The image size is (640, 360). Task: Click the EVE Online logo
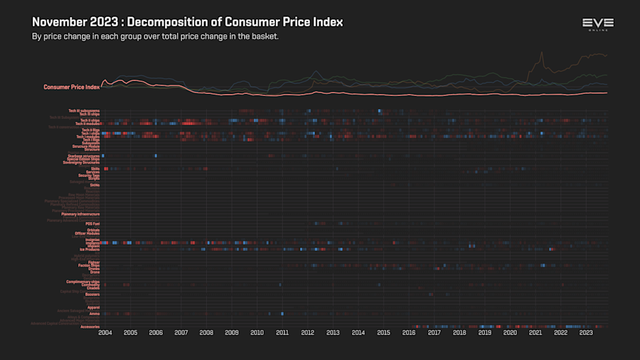click(597, 24)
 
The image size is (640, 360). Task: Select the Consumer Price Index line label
click(71, 87)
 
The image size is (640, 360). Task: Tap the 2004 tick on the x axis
click(105, 332)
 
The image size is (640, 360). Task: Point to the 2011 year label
click(282, 332)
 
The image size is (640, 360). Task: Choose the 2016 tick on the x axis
click(409, 332)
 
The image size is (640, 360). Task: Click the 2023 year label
click(586, 332)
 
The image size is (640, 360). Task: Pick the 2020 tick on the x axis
click(510, 332)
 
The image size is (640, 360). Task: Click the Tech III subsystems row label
click(84, 110)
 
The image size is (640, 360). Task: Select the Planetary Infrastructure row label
click(80, 214)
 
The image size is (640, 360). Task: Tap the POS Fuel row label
click(92, 223)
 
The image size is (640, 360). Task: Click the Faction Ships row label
click(88, 265)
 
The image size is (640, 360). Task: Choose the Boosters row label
click(92, 294)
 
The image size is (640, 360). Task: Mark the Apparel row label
click(93, 307)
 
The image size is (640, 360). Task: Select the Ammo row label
click(95, 314)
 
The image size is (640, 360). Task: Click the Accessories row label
click(90, 327)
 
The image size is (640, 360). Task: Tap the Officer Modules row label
click(87, 233)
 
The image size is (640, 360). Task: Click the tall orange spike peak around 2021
click(542, 52)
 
